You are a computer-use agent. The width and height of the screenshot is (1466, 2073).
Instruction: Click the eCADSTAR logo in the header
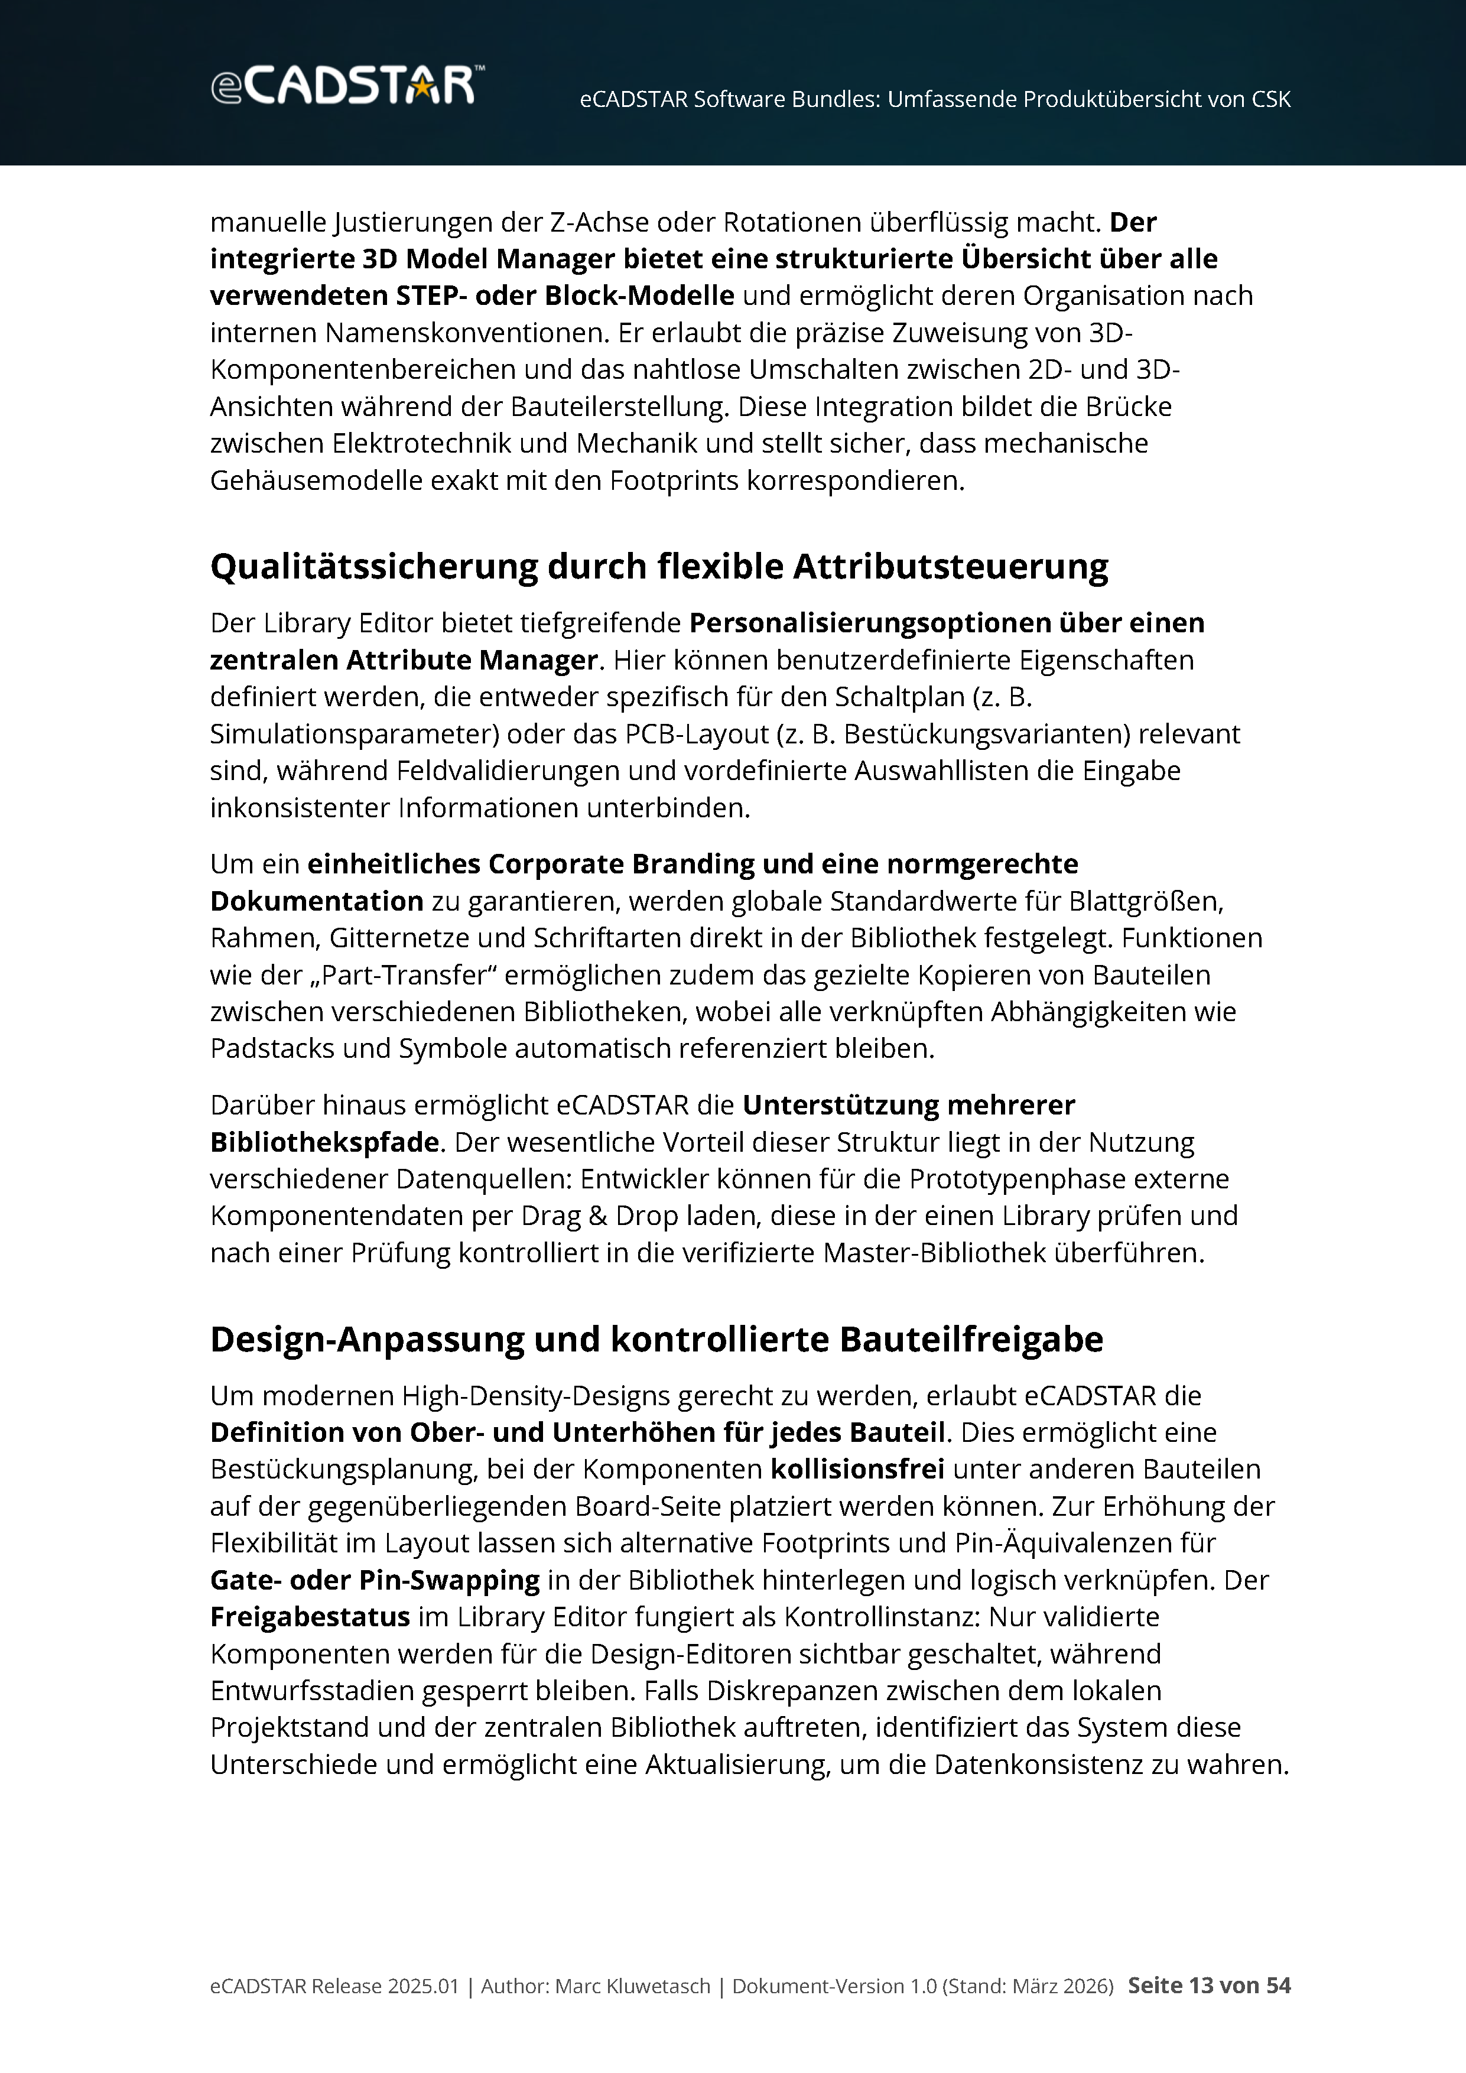pyautogui.click(x=347, y=86)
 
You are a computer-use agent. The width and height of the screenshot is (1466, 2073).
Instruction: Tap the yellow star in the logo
pyautogui.click(x=421, y=87)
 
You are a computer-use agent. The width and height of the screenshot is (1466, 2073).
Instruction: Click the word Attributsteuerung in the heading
pyautogui.click(x=951, y=567)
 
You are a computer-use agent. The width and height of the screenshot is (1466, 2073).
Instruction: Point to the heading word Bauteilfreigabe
pyautogui.click(x=971, y=1340)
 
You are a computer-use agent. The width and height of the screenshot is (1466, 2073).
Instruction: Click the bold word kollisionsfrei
pyautogui.click(x=857, y=1470)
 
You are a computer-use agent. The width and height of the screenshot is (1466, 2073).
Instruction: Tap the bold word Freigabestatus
pyautogui.click(x=310, y=1617)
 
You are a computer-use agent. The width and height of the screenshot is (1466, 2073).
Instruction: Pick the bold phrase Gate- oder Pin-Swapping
pyautogui.click(x=375, y=1580)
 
